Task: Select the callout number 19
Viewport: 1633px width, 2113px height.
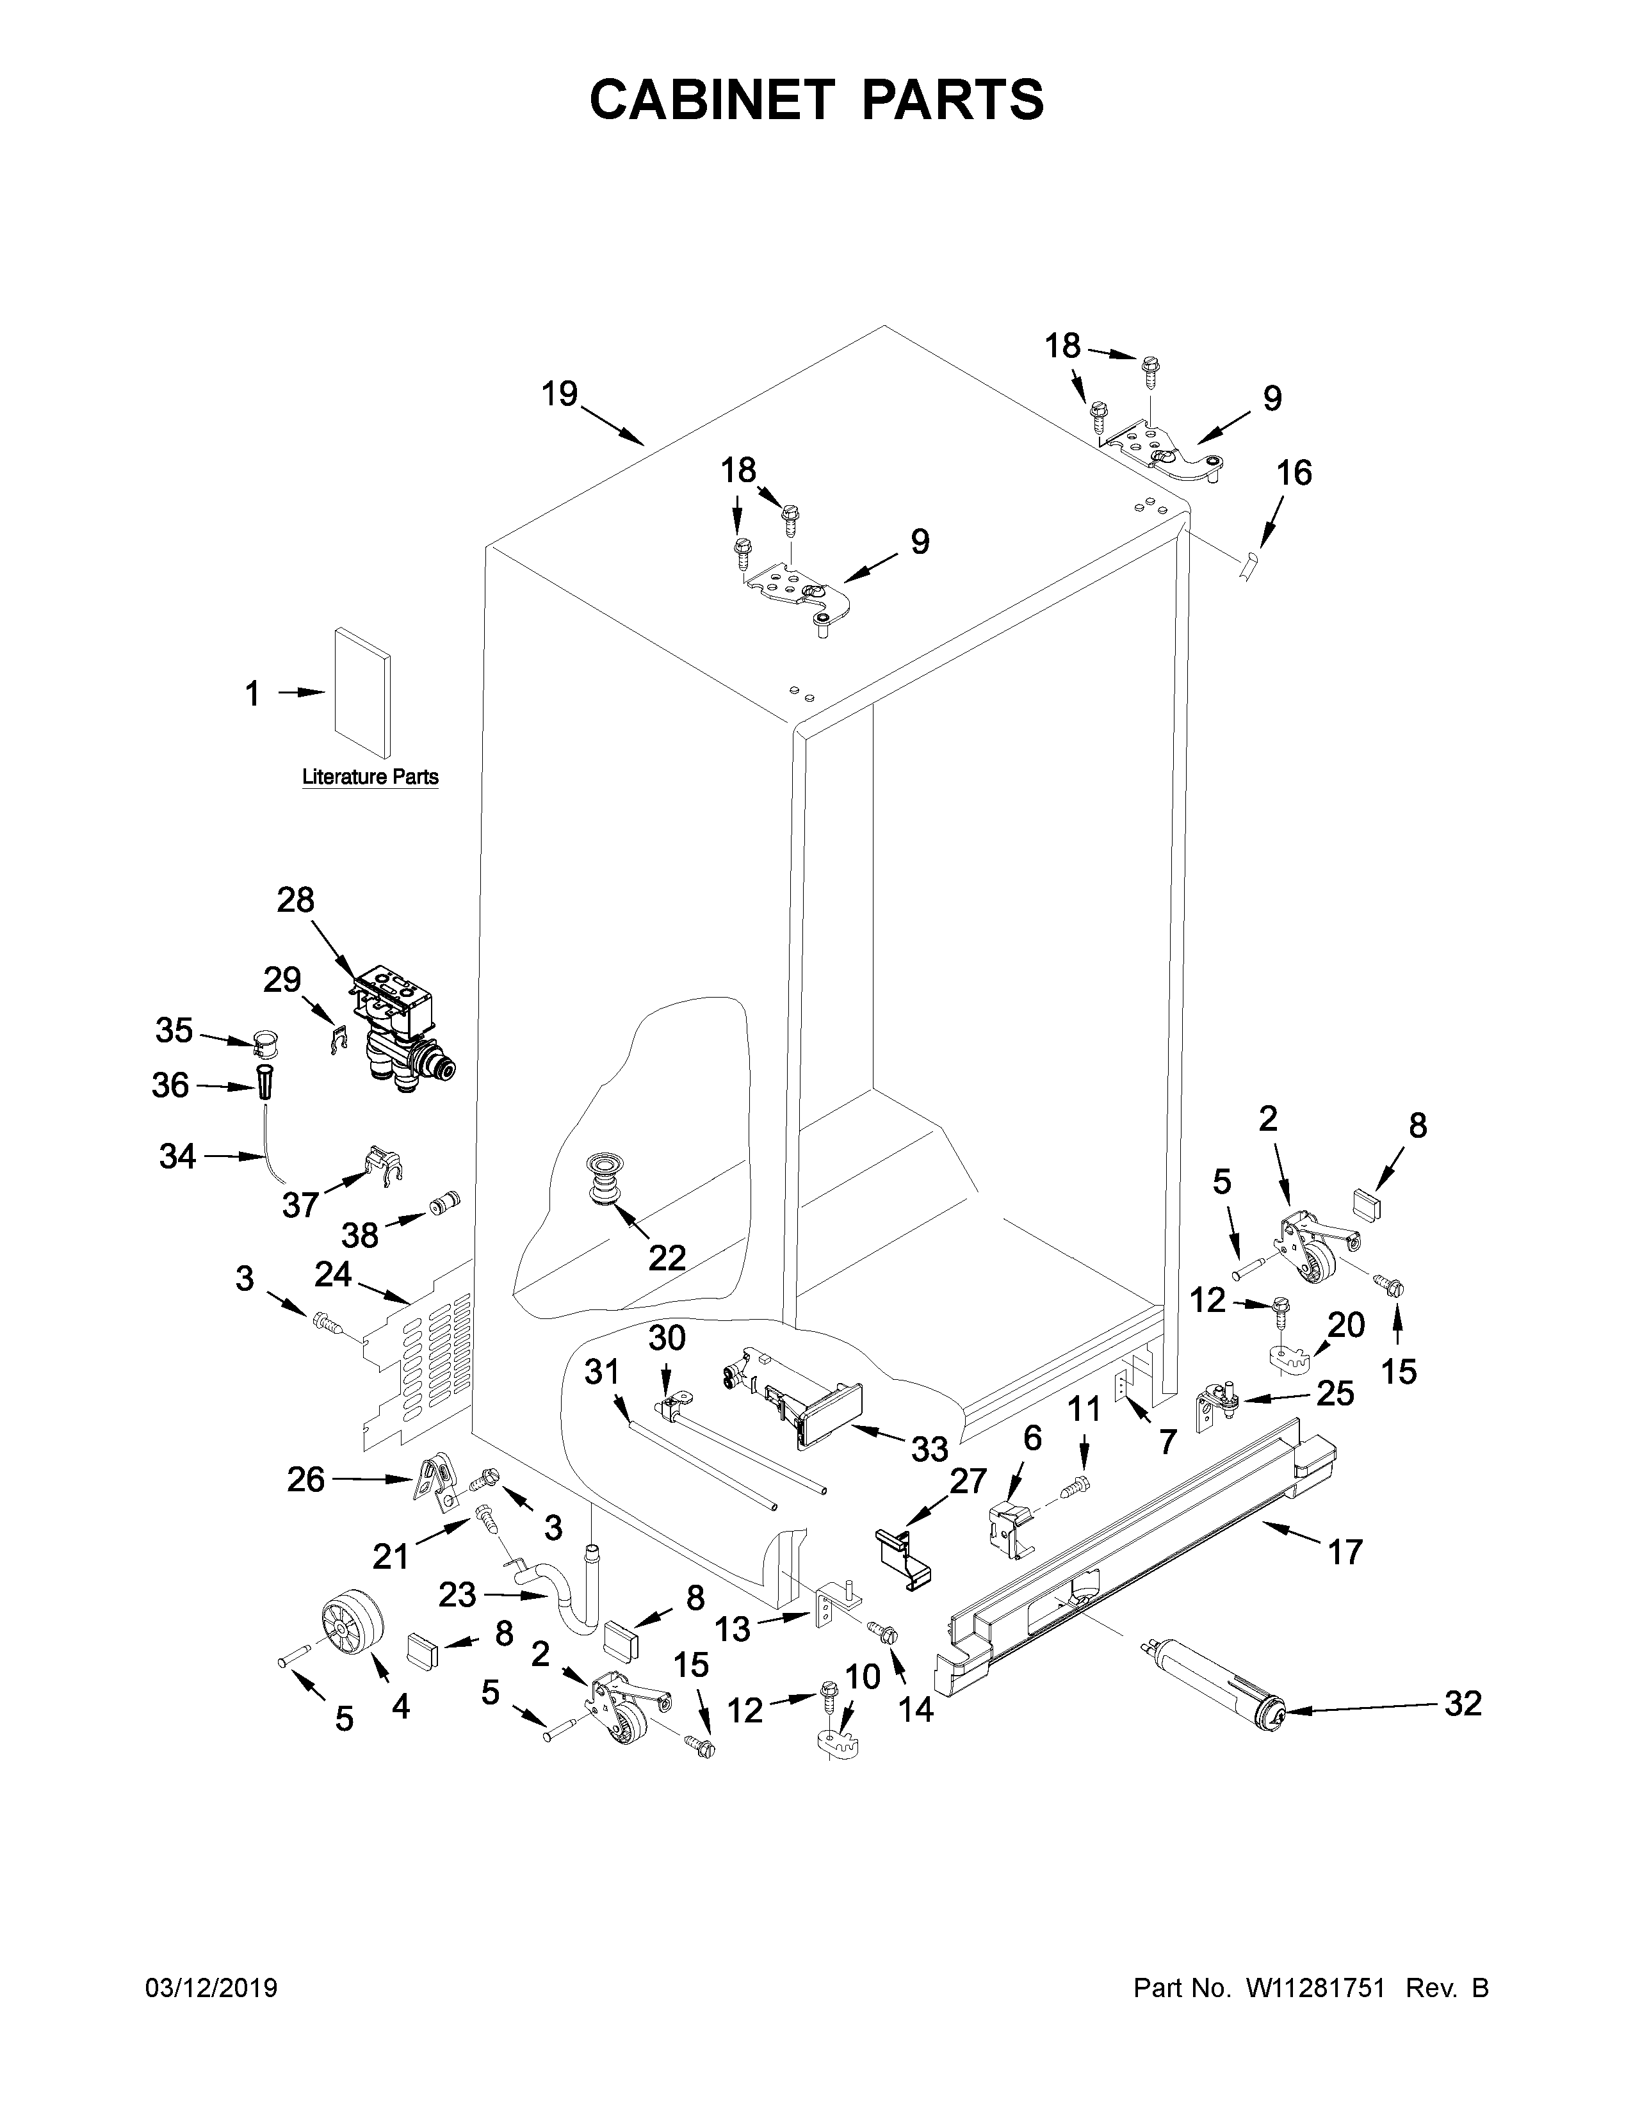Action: [x=559, y=394]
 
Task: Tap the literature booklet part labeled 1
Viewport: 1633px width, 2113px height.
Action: [x=362, y=693]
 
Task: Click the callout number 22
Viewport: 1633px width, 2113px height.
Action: [x=667, y=1258]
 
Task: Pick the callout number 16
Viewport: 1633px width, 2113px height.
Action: [x=1294, y=473]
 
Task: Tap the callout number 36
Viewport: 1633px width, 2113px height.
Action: [x=170, y=1085]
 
